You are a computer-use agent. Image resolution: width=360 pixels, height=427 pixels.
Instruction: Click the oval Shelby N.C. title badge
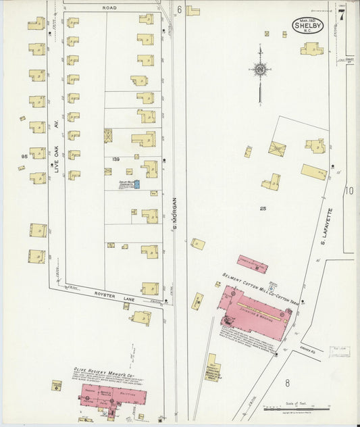pos(307,25)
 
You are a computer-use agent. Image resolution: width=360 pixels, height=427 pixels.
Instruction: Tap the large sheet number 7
pos(342,16)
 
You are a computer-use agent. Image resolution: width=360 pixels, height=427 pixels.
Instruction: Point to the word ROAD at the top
pos(110,7)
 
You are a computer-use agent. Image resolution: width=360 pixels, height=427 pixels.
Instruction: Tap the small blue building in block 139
pos(136,184)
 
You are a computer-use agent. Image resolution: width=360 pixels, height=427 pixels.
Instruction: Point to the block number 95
pos(24,156)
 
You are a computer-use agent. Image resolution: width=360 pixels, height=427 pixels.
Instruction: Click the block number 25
pos(263,209)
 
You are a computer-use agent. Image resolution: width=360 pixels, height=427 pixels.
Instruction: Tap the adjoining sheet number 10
pos(349,191)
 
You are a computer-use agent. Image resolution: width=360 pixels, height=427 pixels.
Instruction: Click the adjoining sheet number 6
pos(179,9)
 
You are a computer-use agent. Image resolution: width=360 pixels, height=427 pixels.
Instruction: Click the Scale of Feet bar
pos(297,408)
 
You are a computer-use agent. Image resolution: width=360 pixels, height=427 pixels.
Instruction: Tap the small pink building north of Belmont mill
pos(252,263)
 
